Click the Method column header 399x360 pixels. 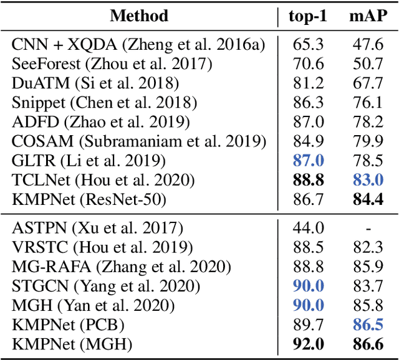[139, 16]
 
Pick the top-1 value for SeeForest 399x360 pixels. [308, 64]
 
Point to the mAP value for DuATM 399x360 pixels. [367, 83]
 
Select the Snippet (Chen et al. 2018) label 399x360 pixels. [104, 102]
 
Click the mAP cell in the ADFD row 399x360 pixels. [367, 121]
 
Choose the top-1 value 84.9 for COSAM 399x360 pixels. [308, 141]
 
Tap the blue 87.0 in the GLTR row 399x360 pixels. [308, 161]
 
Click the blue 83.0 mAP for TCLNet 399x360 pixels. [367, 180]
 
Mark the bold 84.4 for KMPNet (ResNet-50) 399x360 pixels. [367, 199]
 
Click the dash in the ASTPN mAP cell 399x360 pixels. [367, 229]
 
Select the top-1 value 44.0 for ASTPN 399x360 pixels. [308, 229]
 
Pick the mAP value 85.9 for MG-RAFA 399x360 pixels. [367, 267]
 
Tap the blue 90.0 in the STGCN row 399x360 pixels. [308, 287]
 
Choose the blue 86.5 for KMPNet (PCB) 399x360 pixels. [367, 325]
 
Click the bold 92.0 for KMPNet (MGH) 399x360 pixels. [308, 344]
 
